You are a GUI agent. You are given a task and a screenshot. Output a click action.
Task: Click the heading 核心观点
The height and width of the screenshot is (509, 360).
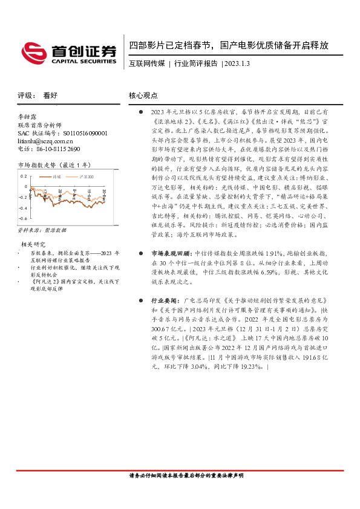(143, 96)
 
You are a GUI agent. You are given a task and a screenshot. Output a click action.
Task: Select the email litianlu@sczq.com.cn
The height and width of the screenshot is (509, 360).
(46, 140)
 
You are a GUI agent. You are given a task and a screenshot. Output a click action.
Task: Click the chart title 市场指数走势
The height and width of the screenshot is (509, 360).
(36, 164)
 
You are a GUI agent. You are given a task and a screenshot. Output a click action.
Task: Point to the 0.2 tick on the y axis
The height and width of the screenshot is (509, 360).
(24, 177)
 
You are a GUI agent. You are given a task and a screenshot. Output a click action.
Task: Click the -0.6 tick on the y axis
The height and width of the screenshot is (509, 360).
(23, 218)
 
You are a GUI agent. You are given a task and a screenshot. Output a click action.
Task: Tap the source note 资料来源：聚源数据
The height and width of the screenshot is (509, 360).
(39, 230)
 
